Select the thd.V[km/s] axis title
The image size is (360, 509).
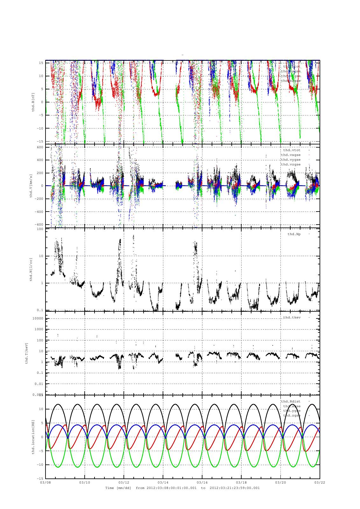31,186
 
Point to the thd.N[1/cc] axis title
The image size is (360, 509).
31,270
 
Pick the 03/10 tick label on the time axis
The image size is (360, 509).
85,482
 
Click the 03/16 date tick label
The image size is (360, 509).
202,482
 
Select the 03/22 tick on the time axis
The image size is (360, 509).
320,482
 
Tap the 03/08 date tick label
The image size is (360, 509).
46,482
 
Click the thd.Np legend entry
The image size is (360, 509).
294,234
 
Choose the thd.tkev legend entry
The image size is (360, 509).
292,317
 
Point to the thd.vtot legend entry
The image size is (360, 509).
292,150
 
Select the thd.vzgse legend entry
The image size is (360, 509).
291,164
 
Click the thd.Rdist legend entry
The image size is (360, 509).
291,401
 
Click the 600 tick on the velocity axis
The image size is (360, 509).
39,147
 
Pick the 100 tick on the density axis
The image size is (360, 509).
40,229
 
